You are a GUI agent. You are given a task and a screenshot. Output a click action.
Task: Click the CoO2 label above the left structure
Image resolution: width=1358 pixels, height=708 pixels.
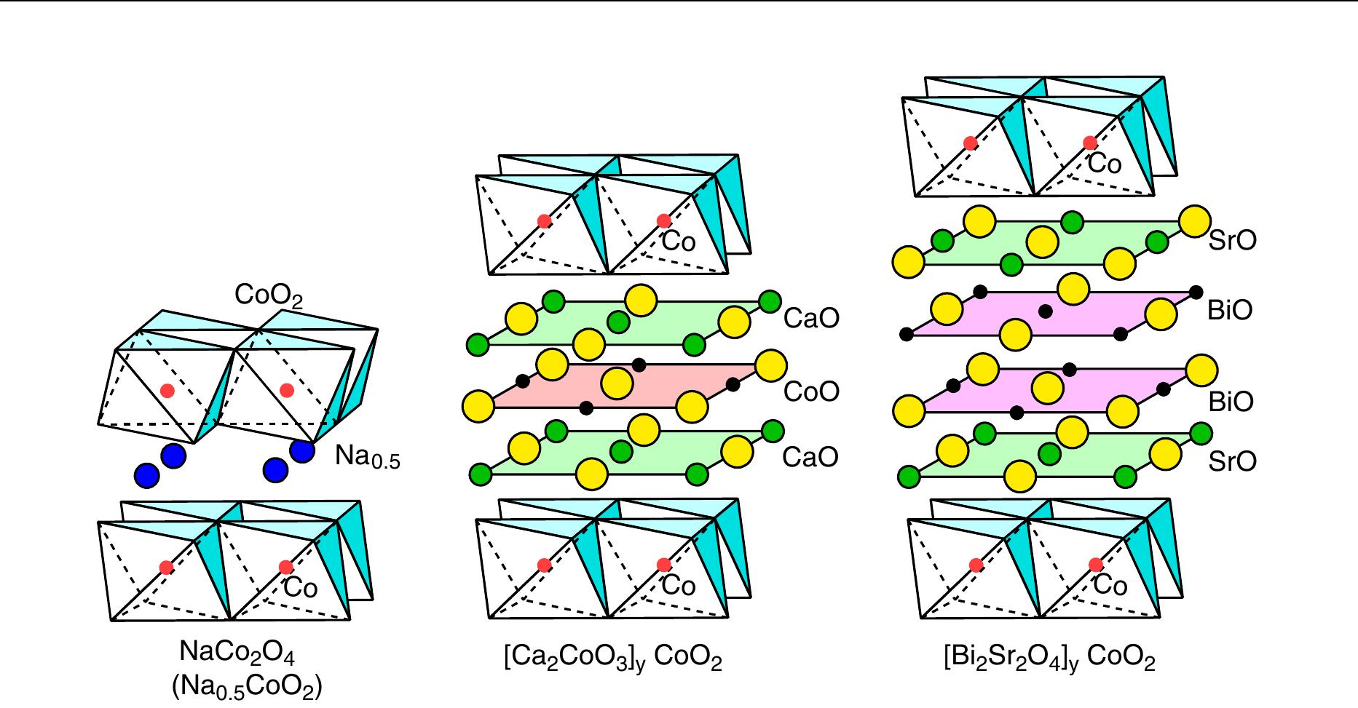tap(268, 296)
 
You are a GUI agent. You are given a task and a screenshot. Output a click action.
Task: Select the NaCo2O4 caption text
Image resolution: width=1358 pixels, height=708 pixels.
tap(237, 653)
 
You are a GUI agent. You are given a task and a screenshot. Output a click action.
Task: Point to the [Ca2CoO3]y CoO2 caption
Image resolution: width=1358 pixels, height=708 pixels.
tap(613, 659)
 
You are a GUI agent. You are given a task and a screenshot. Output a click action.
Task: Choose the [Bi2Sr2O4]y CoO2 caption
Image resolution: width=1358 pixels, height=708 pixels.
tap(1049, 659)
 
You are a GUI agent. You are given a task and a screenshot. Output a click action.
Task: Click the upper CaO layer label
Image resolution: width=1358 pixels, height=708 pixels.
tap(811, 318)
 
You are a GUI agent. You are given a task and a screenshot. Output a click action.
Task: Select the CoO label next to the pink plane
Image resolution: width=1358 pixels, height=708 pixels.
tap(811, 392)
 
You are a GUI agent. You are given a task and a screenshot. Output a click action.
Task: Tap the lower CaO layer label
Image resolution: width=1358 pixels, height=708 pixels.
tap(811, 457)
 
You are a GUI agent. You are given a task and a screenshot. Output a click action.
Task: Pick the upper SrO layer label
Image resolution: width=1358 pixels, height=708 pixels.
tap(1232, 241)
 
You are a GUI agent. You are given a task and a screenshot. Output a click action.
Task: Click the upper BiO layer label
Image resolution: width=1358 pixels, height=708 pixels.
tap(1230, 311)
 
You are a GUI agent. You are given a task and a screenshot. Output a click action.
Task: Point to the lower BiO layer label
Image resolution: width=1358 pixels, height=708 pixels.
tap(1230, 402)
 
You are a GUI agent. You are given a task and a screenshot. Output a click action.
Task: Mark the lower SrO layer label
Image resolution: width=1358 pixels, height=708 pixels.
tap(1232, 461)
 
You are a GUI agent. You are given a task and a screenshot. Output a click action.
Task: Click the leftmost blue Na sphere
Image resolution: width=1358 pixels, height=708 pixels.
tap(146, 476)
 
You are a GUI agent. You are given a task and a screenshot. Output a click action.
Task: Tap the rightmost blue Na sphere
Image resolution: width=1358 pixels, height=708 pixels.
tap(302, 450)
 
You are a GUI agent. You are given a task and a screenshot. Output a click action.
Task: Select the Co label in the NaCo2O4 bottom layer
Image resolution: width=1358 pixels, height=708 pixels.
tap(300, 587)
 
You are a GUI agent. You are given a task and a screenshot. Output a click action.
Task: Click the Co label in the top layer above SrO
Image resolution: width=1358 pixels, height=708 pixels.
tap(1105, 164)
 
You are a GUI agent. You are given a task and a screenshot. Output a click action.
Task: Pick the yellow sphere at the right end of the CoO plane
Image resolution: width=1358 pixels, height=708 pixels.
tap(771, 365)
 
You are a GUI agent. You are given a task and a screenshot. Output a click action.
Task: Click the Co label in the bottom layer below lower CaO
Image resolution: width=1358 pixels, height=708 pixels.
tap(679, 586)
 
